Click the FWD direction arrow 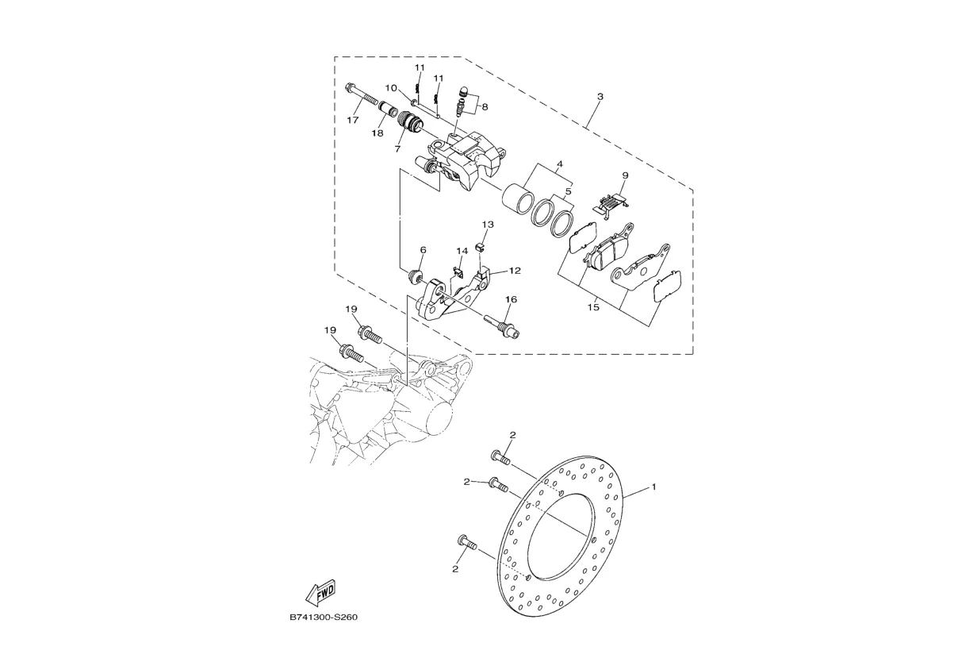click(x=320, y=593)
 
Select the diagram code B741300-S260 click(x=324, y=618)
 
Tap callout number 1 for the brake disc click(x=653, y=487)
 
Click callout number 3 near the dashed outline click(x=600, y=97)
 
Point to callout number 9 click(x=625, y=175)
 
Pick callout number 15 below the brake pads click(x=593, y=307)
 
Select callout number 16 click(x=511, y=299)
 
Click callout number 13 click(x=488, y=225)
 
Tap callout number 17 click(x=353, y=121)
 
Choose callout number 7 click(x=397, y=148)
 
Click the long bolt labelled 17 click(x=361, y=96)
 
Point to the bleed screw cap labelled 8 click(x=463, y=91)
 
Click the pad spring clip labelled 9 click(x=611, y=206)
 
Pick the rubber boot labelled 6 click(x=415, y=276)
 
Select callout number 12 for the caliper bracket click(x=515, y=271)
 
